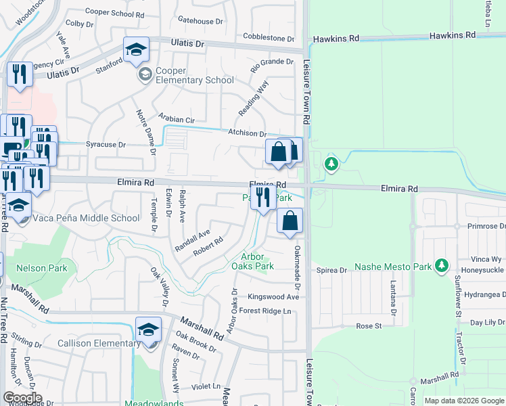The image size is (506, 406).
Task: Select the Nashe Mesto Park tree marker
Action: [x=442, y=265]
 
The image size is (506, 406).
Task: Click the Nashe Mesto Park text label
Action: [x=393, y=267]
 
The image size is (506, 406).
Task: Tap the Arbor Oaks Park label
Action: [x=258, y=261]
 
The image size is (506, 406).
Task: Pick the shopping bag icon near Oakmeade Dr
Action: [x=290, y=221]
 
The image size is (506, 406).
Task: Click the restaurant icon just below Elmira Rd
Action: [x=262, y=197]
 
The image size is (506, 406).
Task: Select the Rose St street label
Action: [x=369, y=325]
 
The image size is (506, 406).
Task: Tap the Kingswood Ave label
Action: [x=273, y=296]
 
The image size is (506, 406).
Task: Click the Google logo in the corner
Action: [x=22, y=398]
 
